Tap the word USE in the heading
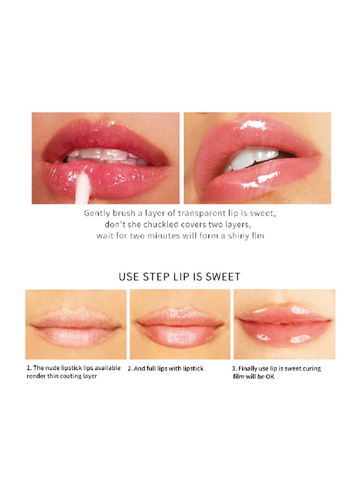129,277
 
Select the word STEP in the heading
156,277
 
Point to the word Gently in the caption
97,214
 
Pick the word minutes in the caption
164,236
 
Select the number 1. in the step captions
29,368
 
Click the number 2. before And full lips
130,369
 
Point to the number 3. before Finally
234,369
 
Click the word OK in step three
270,376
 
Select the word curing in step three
311,369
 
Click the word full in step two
151,369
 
